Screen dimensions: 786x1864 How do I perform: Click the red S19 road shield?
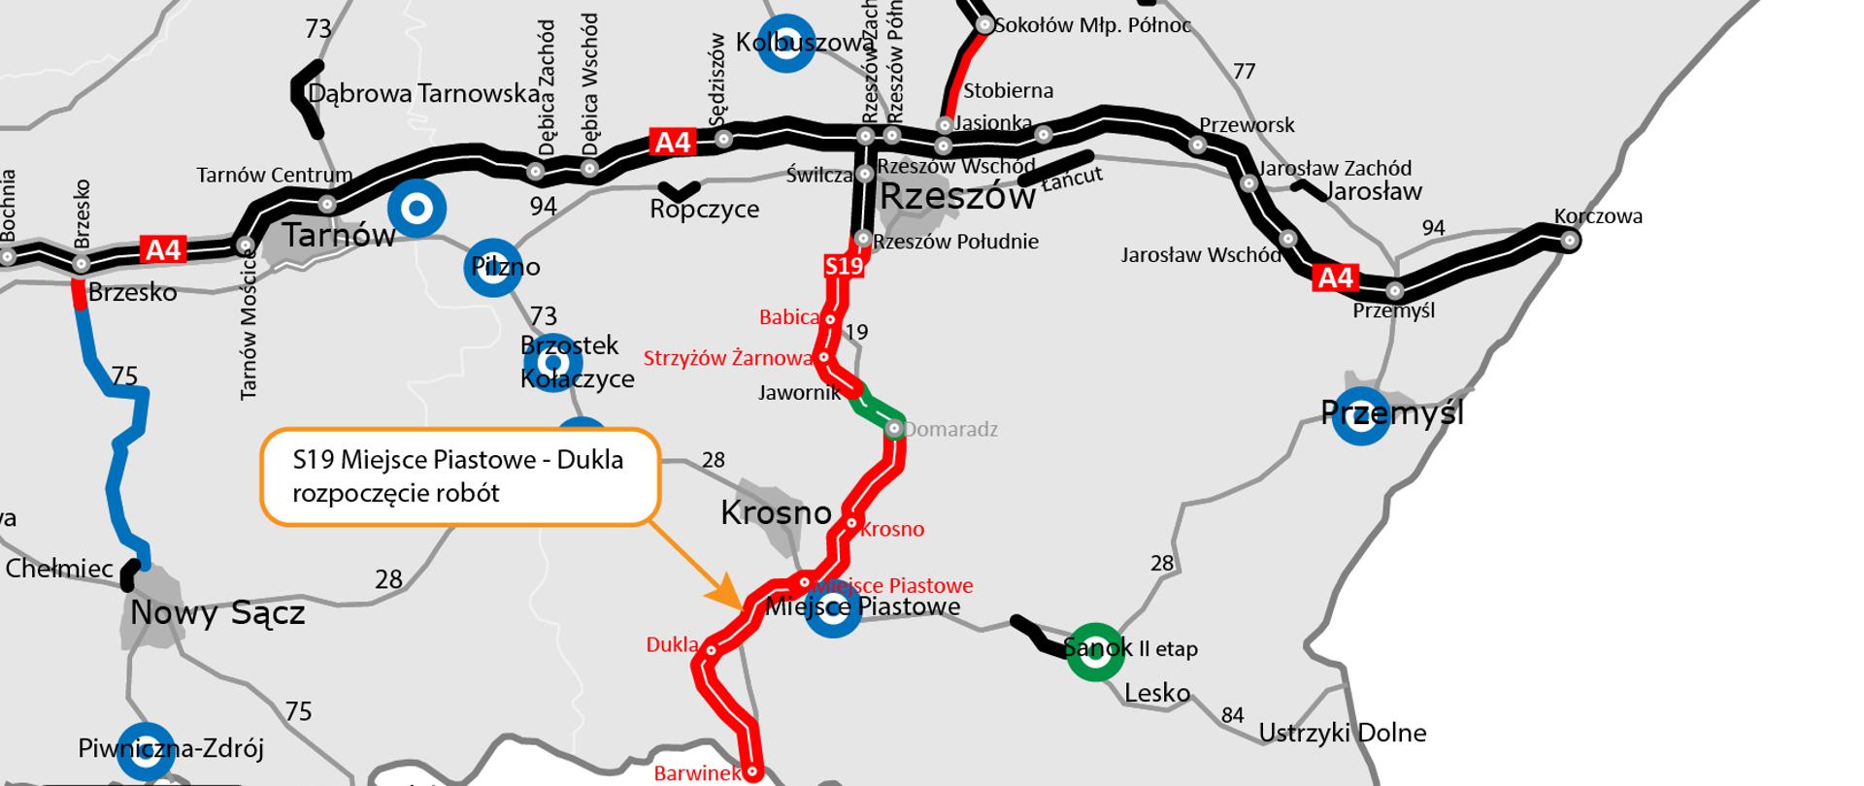844,266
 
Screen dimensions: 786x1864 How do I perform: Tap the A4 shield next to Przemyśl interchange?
1335,278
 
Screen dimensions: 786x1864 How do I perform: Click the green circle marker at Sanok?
1095,652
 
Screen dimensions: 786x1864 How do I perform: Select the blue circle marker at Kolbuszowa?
785,44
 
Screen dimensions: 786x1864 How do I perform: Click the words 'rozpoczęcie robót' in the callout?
396,493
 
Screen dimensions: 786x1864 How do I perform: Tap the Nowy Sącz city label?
217,613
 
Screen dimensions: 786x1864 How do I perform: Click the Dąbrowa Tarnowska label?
423,94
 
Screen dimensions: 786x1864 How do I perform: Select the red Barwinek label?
697,773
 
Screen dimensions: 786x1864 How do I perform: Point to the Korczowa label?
1598,216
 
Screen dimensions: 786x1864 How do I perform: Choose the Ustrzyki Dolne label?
1342,733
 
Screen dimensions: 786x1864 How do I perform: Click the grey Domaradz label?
950,429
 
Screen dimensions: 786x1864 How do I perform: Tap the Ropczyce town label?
705,209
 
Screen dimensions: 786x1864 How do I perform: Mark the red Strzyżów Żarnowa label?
727,359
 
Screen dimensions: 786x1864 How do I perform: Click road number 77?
1244,72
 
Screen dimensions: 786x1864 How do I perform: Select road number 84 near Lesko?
1232,715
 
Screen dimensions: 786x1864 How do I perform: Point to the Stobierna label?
1008,91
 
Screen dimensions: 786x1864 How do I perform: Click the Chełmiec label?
59,568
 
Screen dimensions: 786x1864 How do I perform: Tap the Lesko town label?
1156,693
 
